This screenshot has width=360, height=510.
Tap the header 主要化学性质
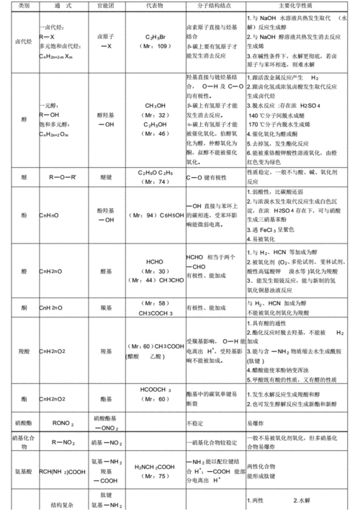[298, 5]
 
